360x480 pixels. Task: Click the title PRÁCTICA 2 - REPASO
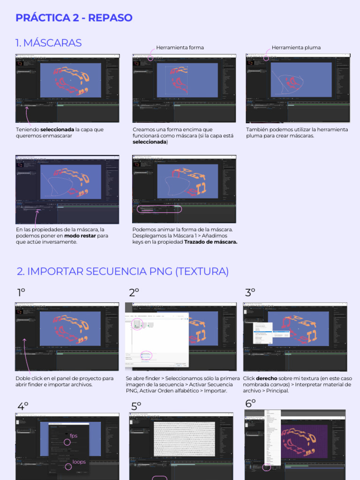pos(74,18)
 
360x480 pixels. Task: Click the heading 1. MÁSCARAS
pos(48,43)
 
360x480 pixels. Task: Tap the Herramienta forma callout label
pos(180,48)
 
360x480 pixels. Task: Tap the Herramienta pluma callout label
pos(296,48)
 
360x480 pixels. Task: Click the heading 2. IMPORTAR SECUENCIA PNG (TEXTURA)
pos(123,271)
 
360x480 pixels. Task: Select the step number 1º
pos(21,293)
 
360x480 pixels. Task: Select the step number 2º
pos(134,293)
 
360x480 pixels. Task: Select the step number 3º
pos(250,293)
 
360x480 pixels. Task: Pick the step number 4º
pos(23,406)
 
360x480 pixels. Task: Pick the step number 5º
pos(136,406)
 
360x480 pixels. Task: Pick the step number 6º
pos(250,404)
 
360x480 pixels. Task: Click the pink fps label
pos(74,436)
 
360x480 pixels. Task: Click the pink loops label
pos(79,462)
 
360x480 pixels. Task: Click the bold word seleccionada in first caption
pos(57,129)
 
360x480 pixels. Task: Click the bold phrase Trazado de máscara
pos(210,242)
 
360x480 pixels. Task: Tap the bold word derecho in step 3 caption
pos(266,378)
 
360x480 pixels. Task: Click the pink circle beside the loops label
pos(68,466)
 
